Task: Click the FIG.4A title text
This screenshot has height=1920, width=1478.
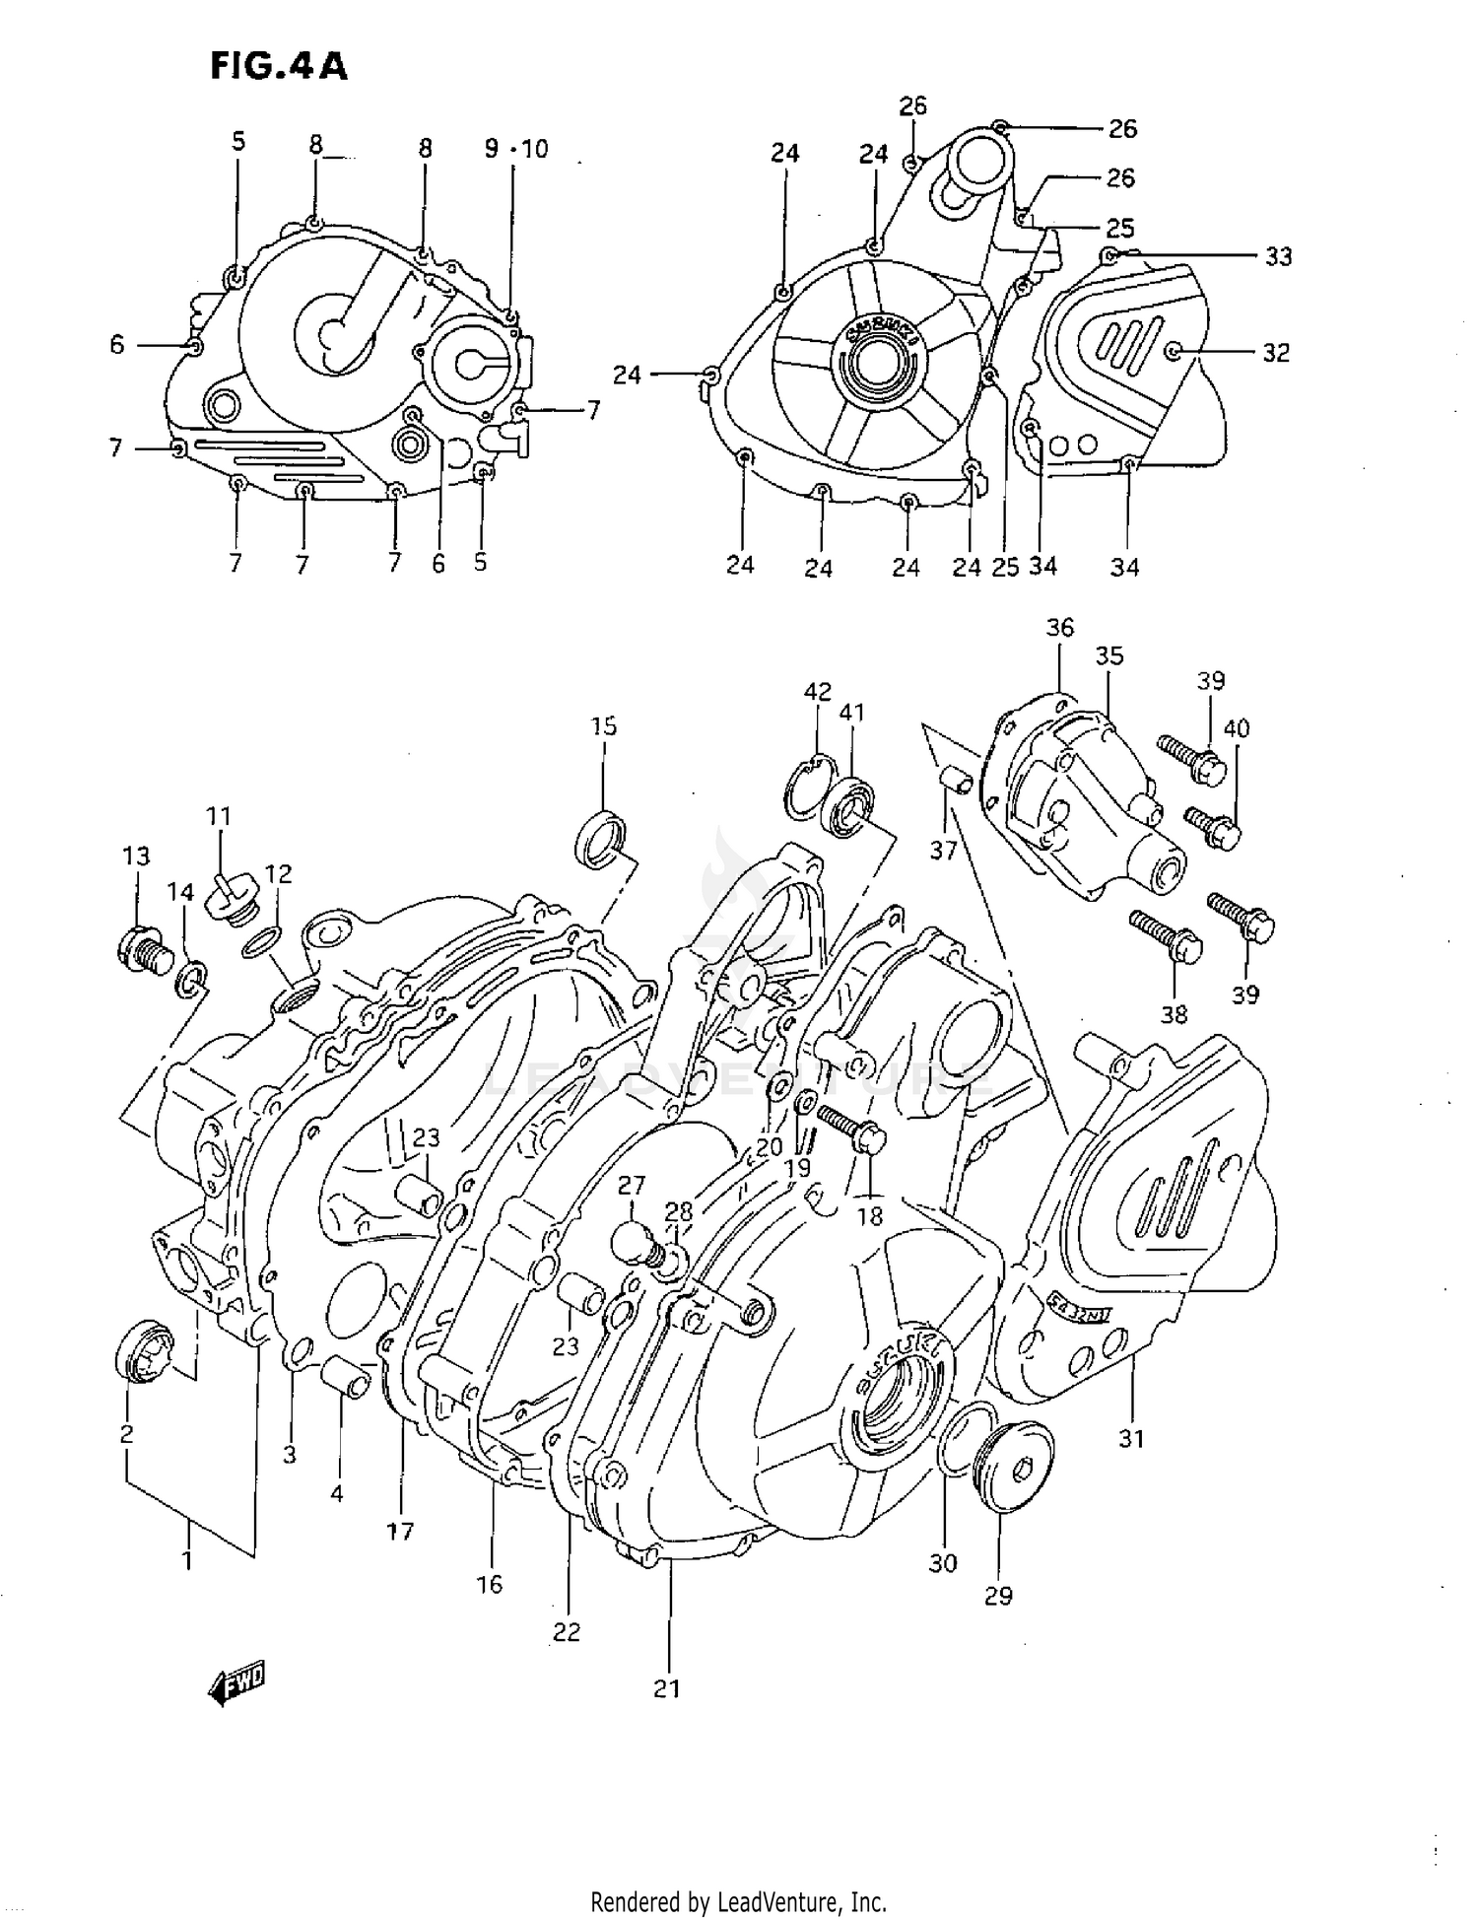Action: click(279, 66)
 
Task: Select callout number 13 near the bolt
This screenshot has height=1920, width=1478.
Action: click(136, 856)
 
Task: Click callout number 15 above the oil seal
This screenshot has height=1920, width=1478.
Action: click(604, 726)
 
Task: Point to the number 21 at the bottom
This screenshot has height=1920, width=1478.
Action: click(667, 1688)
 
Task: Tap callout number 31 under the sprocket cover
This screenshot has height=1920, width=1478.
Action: click(1131, 1438)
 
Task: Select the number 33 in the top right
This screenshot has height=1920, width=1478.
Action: click(1278, 256)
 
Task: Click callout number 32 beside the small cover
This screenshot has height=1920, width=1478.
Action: click(1276, 353)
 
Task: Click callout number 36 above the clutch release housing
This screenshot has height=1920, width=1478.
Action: click(1060, 627)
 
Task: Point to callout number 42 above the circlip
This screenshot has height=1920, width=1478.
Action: click(818, 691)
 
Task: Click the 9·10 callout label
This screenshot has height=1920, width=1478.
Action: click(516, 149)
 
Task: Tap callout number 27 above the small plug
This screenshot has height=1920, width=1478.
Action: click(632, 1185)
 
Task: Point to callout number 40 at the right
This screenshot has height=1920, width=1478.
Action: click(1236, 728)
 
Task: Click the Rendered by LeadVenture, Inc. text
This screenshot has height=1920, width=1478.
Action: click(738, 1901)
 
